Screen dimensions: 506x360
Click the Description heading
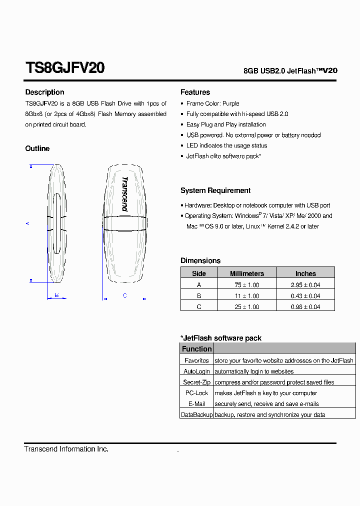click(44, 92)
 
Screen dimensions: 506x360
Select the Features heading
click(195, 92)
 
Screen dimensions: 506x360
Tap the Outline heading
click(37, 148)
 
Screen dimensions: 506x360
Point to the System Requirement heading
click(215, 190)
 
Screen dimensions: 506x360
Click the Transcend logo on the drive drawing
click(124, 194)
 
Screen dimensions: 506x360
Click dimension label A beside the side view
click(27, 223)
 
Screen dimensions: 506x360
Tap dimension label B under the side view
click(56, 295)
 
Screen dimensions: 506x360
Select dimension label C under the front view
click(124, 296)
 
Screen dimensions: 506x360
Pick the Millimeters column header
click(246, 273)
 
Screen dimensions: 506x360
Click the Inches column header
click(305, 273)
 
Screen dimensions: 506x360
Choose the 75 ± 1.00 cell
click(246, 285)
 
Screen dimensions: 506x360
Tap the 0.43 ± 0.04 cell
click(305, 296)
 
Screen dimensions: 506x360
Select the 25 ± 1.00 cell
click(246, 307)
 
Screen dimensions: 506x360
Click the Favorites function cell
click(196, 360)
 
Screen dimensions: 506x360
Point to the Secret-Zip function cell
click(196, 382)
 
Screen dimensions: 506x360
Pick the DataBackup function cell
click(196, 415)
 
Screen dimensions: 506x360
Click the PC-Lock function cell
click(196, 393)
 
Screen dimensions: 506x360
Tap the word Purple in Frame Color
click(231, 103)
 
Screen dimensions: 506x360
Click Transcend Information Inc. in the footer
click(66, 449)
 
